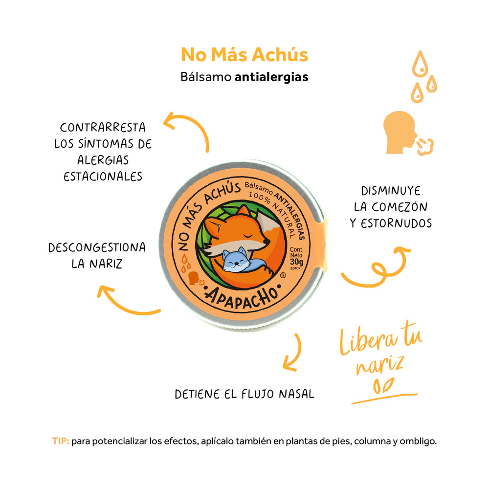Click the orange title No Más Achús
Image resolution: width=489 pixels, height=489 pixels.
(244, 55)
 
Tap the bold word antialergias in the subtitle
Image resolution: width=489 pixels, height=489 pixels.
(271, 77)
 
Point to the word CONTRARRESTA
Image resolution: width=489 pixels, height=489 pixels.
(103, 128)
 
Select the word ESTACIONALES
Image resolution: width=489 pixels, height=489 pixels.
(103, 176)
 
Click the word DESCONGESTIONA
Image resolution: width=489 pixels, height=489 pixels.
(97, 247)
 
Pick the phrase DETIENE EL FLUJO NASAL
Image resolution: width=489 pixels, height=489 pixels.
(244, 394)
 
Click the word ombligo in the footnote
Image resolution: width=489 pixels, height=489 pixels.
(418, 441)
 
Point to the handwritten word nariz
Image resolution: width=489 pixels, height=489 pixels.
(379, 365)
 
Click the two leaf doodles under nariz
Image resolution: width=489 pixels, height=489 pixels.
(381, 386)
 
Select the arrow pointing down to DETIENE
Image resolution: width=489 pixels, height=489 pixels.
(292, 352)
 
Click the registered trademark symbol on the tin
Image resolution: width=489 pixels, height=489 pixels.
(283, 275)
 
